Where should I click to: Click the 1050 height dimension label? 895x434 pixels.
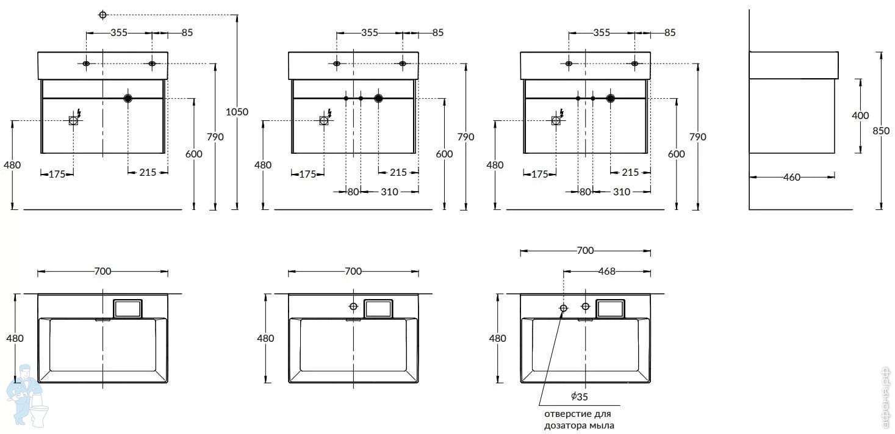(237, 112)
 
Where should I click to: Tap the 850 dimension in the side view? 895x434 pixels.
(880, 131)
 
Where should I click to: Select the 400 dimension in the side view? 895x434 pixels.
(860, 115)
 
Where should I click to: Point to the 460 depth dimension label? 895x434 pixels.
(791, 177)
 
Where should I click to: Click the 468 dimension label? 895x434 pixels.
(606, 272)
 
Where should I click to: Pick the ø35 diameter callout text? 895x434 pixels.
(580, 396)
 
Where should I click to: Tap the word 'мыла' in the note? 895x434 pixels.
(603, 425)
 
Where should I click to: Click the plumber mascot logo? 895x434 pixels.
(26, 394)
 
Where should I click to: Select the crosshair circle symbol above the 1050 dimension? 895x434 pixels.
(102, 15)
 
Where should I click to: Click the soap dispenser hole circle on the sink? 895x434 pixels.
(563, 308)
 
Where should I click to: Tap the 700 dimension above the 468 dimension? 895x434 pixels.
(585, 250)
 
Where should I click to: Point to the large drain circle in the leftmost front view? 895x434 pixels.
(128, 98)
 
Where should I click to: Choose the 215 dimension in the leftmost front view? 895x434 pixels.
(148, 172)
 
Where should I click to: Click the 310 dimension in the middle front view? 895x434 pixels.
(389, 192)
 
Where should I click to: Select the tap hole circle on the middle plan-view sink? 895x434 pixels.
(353, 306)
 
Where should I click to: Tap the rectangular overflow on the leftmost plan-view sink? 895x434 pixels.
(128, 309)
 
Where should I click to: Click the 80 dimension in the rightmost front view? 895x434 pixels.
(585, 192)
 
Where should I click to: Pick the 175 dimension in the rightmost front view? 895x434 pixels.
(539, 174)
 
